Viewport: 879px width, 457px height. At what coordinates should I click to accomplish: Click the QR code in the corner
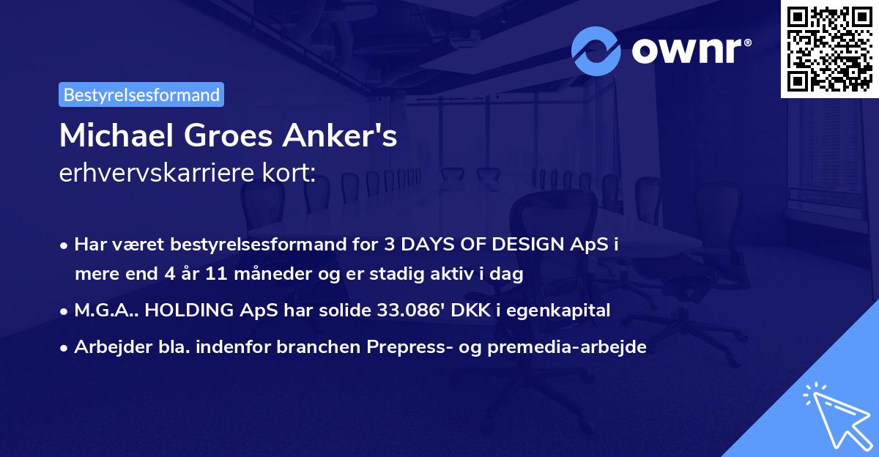coord(829,48)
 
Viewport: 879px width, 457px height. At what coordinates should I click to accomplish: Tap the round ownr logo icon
coord(596,51)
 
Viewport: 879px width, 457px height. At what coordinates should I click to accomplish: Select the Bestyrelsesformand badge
coord(141,94)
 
